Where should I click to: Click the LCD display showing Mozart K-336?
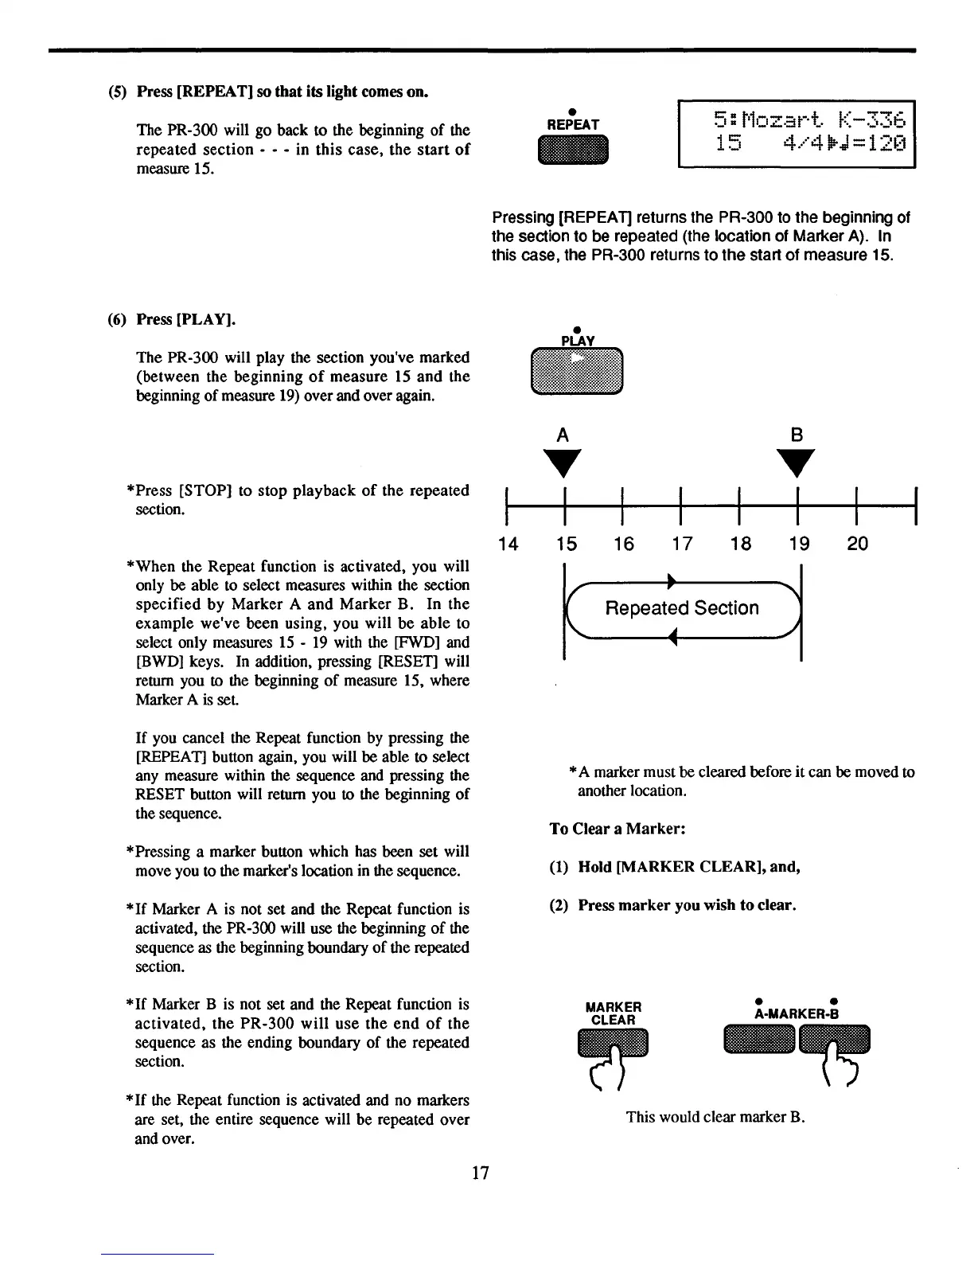pos(797,134)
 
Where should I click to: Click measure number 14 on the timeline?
pos(508,544)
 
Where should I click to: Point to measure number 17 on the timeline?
pos(682,544)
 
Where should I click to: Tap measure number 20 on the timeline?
pos(858,544)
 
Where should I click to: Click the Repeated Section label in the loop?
pos(682,608)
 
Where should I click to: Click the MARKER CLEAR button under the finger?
pos(614,1043)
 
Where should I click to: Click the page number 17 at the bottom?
pos(481,1173)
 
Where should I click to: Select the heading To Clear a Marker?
pos(618,829)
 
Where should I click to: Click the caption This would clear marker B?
pos(715,1116)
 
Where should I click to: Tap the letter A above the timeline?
pos(563,435)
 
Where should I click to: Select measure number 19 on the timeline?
pos(799,544)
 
